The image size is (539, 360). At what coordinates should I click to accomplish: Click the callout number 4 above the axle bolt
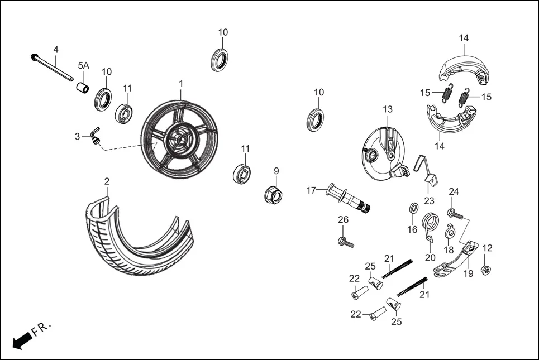[56, 50]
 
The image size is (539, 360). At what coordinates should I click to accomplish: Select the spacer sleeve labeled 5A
[83, 88]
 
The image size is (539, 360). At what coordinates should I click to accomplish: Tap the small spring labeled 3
[96, 136]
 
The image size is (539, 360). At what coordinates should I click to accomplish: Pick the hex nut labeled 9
[274, 195]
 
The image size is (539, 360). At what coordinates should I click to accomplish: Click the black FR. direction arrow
[22, 340]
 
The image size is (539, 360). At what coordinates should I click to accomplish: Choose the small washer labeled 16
[413, 208]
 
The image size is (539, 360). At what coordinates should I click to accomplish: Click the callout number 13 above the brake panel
[388, 109]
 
